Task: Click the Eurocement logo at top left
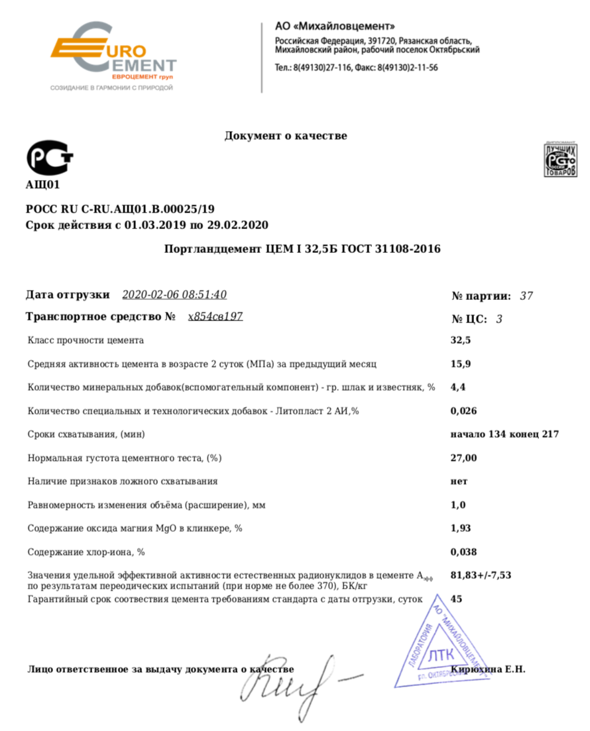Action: click(113, 56)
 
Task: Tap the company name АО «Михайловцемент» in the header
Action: click(335, 26)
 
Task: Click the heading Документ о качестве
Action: click(286, 136)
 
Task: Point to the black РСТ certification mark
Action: click(49, 158)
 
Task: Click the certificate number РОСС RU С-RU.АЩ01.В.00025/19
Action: click(121, 209)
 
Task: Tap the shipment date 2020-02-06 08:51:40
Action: click(174, 295)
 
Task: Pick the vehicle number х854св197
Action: click(215, 317)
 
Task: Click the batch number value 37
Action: click(526, 296)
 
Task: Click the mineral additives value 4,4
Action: click(457, 387)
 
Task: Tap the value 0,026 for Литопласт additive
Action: click(463, 411)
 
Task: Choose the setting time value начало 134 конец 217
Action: click(504, 434)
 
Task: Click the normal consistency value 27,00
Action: click(463, 458)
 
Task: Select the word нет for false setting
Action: click(459, 481)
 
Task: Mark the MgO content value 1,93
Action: click(461, 528)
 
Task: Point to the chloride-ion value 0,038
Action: click(463, 552)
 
